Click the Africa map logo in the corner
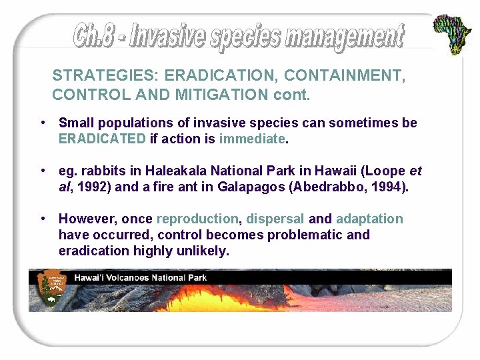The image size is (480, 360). coord(453,34)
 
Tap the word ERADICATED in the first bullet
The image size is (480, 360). coord(102,139)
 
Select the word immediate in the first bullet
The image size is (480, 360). coord(251,139)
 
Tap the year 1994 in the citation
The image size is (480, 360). coord(386,187)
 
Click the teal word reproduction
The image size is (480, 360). coord(197,219)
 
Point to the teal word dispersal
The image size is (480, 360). coord(275,219)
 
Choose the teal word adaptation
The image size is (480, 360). coord(369,219)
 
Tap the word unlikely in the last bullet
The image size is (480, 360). coord(205,251)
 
